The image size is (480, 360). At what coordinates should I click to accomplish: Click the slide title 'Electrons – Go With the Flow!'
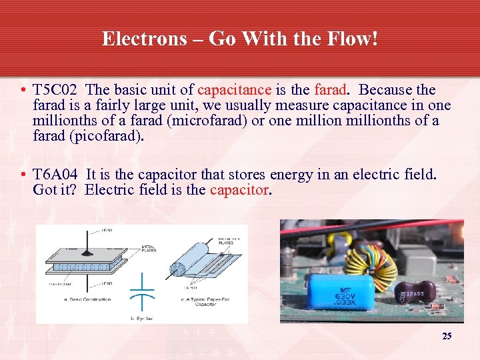click(x=240, y=39)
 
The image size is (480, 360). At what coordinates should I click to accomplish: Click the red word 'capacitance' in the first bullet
click(x=234, y=90)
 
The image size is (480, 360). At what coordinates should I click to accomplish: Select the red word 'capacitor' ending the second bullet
click(x=239, y=190)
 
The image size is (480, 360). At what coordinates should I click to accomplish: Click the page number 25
click(x=447, y=336)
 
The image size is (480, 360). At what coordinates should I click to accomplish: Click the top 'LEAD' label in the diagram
click(x=107, y=230)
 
